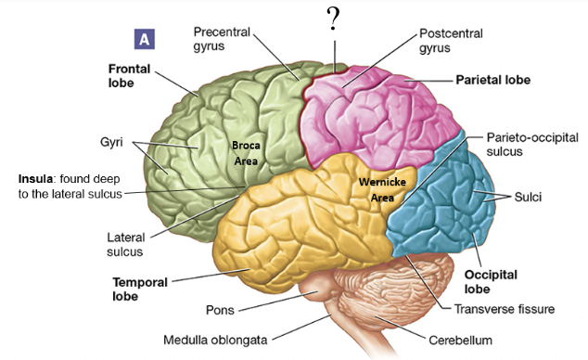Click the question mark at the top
point(332,20)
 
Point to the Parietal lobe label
point(492,81)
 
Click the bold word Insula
point(40,177)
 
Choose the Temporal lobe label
point(138,289)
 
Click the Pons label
point(220,308)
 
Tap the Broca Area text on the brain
point(247,153)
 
